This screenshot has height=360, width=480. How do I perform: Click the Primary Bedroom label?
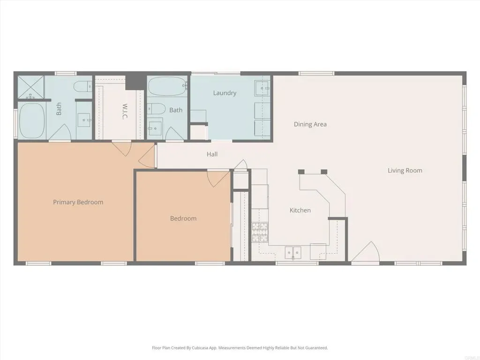(x=78, y=202)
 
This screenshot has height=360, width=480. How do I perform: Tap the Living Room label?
(x=405, y=171)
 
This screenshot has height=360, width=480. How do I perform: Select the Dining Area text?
(x=310, y=124)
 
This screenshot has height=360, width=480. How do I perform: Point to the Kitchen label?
(x=300, y=210)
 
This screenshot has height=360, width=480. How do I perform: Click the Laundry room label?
(x=225, y=93)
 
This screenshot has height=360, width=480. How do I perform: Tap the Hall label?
(x=212, y=154)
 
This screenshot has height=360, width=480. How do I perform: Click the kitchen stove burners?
(x=260, y=232)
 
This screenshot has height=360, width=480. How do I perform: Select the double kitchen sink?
(x=293, y=253)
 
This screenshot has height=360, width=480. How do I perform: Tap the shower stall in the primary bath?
(x=31, y=87)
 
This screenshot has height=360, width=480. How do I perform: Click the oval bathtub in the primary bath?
(x=32, y=120)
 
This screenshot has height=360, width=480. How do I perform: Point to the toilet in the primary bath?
(x=83, y=86)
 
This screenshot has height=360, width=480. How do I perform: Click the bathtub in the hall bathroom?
(x=167, y=86)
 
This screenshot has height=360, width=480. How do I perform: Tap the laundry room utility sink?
(x=262, y=88)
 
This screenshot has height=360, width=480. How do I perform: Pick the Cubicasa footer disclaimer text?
(x=240, y=348)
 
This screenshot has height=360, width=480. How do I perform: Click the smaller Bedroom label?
(x=183, y=218)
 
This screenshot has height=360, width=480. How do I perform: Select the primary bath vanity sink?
(x=84, y=120)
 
